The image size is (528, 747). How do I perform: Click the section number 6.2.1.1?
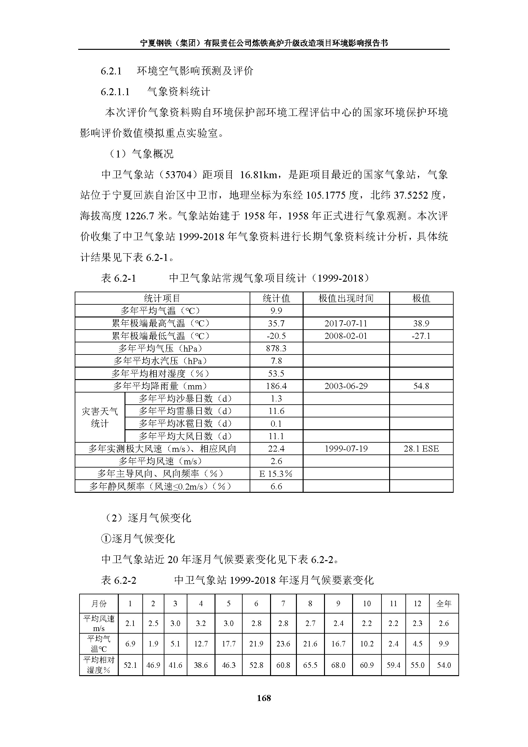pyautogui.click(x=115, y=92)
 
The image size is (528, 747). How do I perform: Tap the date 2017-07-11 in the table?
pyautogui.click(x=346, y=324)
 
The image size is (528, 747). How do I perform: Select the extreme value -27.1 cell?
pyautogui.click(x=421, y=336)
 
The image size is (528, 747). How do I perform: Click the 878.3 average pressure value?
pyautogui.click(x=276, y=348)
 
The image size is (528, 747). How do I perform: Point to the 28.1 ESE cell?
pyautogui.click(x=421, y=449)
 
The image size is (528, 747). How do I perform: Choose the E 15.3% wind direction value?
pyautogui.click(x=276, y=474)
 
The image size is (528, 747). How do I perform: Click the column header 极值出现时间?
pyautogui.click(x=346, y=298)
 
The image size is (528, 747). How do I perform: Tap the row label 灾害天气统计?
pyautogui.click(x=100, y=417)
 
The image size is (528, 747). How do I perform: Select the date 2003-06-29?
pyautogui.click(x=346, y=386)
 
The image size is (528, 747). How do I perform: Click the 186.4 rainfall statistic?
pyautogui.click(x=276, y=386)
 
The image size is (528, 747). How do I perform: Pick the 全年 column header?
pyautogui.click(x=443, y=604)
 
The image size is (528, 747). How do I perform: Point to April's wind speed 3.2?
pyautogui.click(x=200, y=623)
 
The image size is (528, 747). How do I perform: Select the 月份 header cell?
pyautogui.click(x=99, y=604)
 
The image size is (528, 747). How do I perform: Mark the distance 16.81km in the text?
pyautogui.click(x=259, y=175)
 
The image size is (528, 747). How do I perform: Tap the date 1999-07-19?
pyautogui.click(x=346, y=449)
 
